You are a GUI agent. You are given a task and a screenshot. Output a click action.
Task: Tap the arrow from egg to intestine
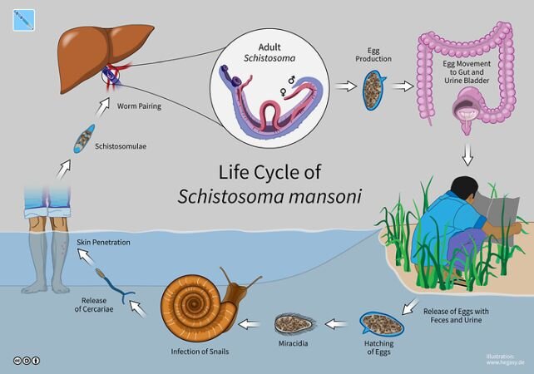click(404, 86)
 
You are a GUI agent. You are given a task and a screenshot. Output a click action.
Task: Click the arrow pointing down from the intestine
click(468, 154)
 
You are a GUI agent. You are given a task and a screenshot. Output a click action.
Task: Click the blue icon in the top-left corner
click(24, 18)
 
